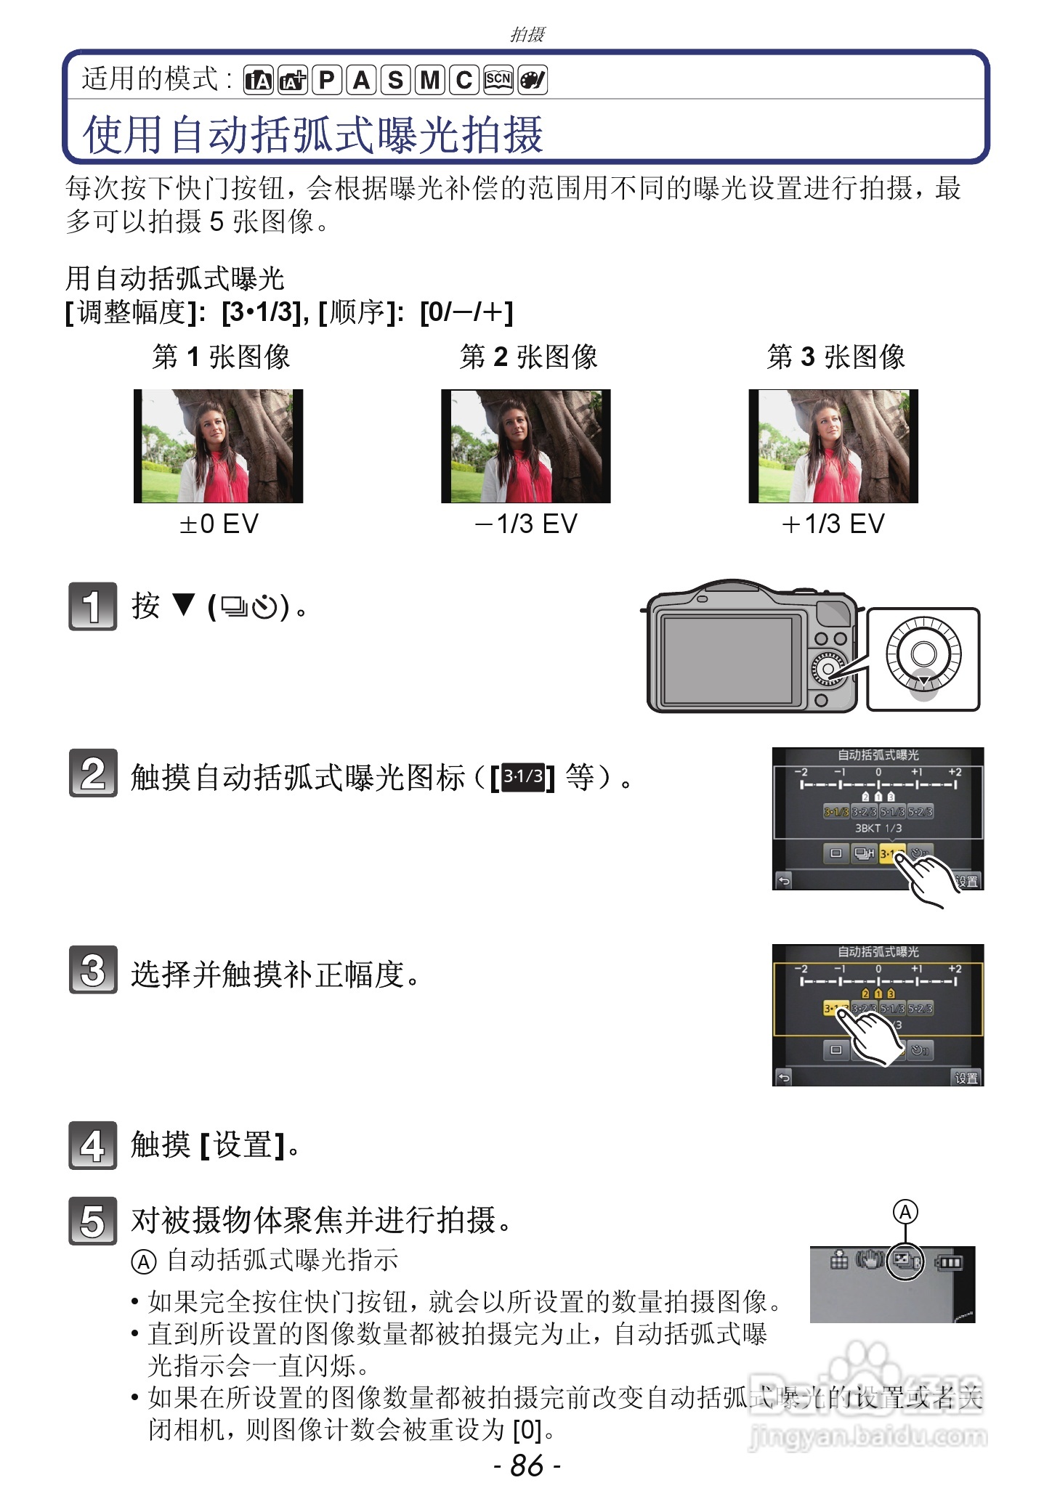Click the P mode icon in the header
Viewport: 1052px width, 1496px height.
click(x=328, y=80)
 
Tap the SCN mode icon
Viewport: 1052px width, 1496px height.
click(x=498, y=80)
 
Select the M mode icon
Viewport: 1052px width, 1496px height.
click(x=429, y=80)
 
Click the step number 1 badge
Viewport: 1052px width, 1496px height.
click(x=92, y=606)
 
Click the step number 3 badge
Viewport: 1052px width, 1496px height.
click(x=92, y=969)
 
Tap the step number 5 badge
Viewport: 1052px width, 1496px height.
click(x=92, y=1220)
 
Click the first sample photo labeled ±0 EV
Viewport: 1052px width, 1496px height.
click(x=218, y=446)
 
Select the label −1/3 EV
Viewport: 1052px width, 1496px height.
click(x=526, y=524)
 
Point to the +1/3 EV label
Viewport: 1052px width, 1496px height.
click(x=833, y=524)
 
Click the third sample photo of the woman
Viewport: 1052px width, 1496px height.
click(x=833, y=446)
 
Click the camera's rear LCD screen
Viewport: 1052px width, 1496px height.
click(x=728, y=659)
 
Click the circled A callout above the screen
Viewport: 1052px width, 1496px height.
click(x=905, y=1212)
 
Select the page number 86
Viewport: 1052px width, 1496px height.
click(x=527, y=1465)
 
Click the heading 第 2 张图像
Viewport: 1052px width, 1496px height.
click(x=528, y=357)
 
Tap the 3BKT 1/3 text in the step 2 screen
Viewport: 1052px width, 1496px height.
click(x=878, y=828)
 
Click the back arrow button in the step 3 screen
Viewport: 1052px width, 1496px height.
click(x=783, y=1078)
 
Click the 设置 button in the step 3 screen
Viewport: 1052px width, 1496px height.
click(x=966, y=1078)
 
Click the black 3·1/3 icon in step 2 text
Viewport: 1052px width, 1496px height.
click(x=523, y=777)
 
